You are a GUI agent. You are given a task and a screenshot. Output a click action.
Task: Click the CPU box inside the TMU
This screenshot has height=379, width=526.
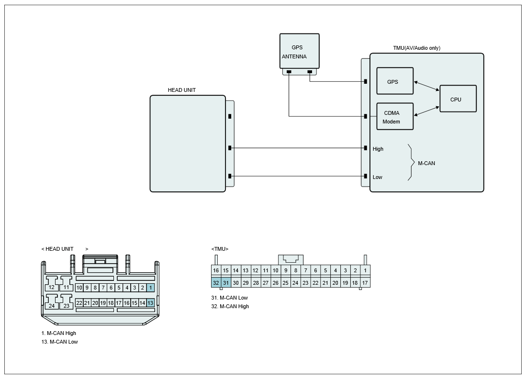click(x=458, y=99)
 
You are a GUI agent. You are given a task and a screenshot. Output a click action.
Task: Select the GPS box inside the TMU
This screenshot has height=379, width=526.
click(x=395, y=81)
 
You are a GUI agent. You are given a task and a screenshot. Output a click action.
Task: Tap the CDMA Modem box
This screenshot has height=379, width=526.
click(x=395, y=116)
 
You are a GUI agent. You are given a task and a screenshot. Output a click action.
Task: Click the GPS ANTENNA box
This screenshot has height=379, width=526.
click(x=300, y=51)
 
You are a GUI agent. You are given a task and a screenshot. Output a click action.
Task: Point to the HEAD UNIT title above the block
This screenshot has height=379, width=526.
click(x=182, y=90)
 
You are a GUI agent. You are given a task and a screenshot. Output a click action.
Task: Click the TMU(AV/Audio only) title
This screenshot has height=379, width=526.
click(x=417, y=48)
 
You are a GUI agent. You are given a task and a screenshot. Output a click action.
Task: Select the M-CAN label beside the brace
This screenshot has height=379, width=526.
click(x=426, y=163)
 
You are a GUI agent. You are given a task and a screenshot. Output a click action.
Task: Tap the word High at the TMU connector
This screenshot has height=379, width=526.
click(x=378, y=149)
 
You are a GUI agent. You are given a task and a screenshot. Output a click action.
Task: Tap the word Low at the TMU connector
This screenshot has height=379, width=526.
click(x=378, y=177)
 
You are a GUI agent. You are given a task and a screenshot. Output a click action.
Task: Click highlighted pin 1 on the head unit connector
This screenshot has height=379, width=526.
click(x=151, y=288)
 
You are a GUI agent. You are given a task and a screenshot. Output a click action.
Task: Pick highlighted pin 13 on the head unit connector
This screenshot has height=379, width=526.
click(x=150, y=303)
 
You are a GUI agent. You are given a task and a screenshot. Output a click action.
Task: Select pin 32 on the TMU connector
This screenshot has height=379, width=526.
click(x=216, y=283)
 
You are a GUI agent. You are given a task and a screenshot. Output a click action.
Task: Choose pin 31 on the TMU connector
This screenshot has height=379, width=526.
click(x=226, y=283)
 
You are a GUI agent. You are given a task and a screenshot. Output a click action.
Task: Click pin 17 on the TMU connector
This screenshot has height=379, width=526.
click(x=365, y=283)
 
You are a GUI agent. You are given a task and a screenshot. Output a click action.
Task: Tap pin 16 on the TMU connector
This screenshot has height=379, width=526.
click(x=216, y=270)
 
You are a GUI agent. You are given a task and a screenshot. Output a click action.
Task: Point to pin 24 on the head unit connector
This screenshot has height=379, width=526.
click(x=52, y=306)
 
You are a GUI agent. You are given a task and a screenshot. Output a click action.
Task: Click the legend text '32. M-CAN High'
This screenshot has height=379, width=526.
click(x=230, y=306)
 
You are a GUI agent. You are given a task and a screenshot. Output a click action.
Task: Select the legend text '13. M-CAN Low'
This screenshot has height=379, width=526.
click(x=60, y=342)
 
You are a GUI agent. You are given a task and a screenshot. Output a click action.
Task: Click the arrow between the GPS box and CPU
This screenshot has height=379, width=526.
click(x=427, y=86)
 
